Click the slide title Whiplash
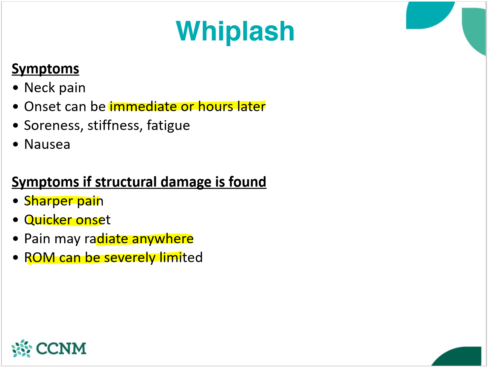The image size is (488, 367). point(235,31)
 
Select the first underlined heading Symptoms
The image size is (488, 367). point(45,69)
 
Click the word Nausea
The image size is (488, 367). point(47,145)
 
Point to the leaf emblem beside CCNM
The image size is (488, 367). point(22,348)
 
